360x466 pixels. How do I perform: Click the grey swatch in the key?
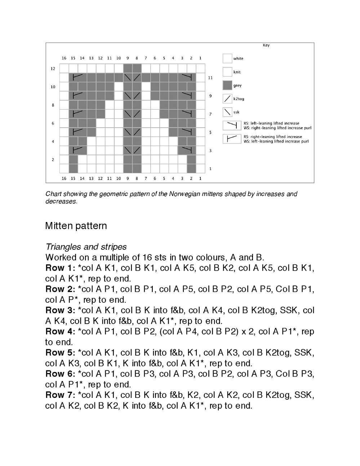click(227, 85)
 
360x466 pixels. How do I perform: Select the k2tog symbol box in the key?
click(227, 99)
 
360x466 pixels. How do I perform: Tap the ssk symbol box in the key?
click(227, 112)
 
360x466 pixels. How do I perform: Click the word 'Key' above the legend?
click(266, 45)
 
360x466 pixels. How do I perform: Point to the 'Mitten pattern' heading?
click(76, 226)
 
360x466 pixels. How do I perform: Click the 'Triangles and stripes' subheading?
click(86, 247)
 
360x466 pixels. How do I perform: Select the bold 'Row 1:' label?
click(60, 268)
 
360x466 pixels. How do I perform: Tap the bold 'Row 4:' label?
click(60, 332)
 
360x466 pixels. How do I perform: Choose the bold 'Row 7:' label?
click(60, 395)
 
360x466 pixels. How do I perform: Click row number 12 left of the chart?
click(53, 68)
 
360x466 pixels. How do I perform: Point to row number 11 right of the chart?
click(210, 78)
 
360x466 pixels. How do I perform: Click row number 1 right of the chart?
click(210, 169)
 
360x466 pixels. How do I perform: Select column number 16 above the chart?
click(64, 58)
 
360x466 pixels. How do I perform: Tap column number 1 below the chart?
click(200, 178)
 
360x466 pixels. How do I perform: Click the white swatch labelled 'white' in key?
click(227, 58)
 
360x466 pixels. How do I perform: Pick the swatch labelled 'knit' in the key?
click(227, 72)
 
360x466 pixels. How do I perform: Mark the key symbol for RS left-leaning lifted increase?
click(232, 125)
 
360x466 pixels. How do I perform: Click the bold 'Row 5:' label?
click(60, 353)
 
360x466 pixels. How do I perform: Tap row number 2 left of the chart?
click(53, 160)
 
